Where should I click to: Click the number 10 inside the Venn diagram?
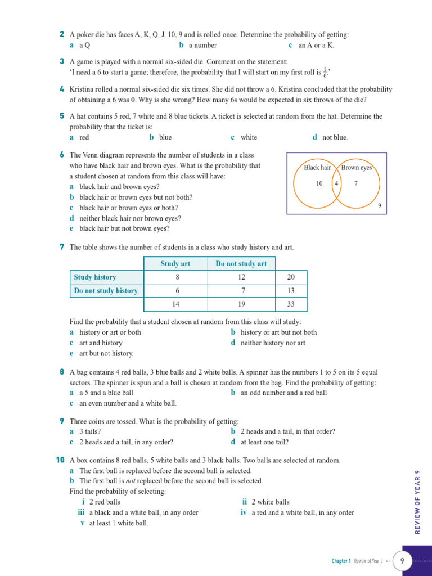[319, 183]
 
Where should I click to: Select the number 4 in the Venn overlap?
[336, 183]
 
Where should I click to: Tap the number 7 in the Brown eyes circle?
[355, 183]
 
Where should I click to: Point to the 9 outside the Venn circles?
[380, 206]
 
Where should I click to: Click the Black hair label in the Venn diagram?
[317, 168]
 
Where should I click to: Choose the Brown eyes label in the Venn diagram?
[357, 168]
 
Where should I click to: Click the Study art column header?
[175, 263]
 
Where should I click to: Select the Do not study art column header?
[241, 263]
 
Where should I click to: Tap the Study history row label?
[94, 277]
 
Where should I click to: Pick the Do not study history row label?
[106, 291]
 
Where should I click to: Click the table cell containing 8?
[177, 277]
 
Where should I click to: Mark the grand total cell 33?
[291, 304]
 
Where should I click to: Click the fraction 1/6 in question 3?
[325, 72]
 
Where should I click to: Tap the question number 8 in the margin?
[61, 372]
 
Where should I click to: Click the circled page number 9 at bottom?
[402, 561]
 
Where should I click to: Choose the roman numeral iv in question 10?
[244, 512]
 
